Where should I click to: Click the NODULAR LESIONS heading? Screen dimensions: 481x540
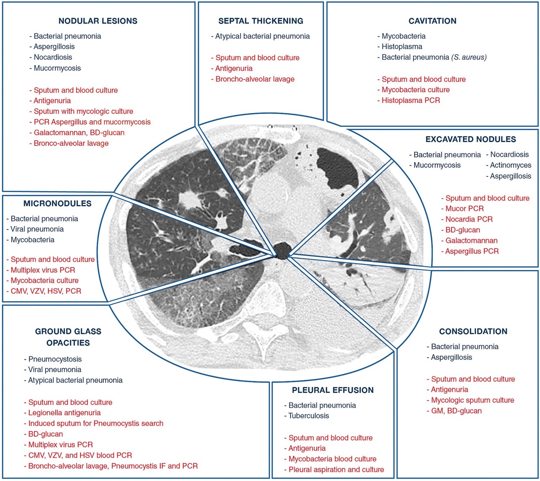click(98, 21)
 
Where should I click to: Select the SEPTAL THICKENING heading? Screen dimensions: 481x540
click(261, 21)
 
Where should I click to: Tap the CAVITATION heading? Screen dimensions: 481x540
click(432, 21)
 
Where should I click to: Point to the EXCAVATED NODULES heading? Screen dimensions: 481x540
click(470, 139)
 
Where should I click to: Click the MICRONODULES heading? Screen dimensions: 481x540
click(57, 203)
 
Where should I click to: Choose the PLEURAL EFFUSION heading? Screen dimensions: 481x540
click(333, 390)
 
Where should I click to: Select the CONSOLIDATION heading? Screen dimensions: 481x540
click(473, 332)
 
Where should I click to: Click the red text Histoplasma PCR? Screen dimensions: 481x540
click(410, 100)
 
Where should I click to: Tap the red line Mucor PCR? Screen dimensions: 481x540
click(464, 209)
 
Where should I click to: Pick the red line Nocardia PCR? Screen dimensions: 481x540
click(469, 219)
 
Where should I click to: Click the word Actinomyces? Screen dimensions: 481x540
click(510, 165)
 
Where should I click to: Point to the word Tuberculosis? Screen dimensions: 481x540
click(308, 416)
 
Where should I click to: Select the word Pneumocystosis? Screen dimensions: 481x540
click(55, 359)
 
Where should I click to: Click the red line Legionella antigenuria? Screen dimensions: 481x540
click(64, 413)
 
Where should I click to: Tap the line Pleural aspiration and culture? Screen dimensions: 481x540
click(336, 470)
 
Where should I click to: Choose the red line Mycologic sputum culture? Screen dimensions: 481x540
click(472, 400)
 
